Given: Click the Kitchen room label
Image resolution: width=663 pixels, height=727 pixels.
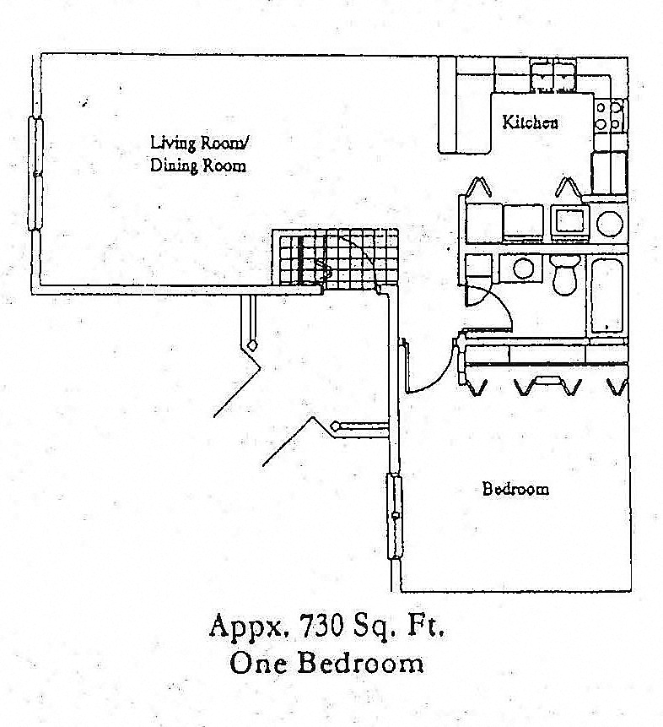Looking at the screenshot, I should tap(530, 122).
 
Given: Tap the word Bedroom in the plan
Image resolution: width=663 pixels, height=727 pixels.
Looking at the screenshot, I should tap(515, 489).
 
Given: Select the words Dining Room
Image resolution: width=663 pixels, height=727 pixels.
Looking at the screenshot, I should tap(198, 165).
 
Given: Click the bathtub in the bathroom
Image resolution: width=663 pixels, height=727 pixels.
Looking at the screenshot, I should tap(606, 296).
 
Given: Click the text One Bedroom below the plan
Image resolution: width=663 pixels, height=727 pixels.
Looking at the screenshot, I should tap(327, 664).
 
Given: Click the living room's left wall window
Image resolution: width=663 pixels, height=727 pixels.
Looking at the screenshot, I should tap(36, 173).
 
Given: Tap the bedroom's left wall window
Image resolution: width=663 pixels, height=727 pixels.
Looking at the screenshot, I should tap(394, 515).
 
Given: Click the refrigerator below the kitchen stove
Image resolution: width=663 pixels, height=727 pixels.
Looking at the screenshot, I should tap(608, 172).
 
